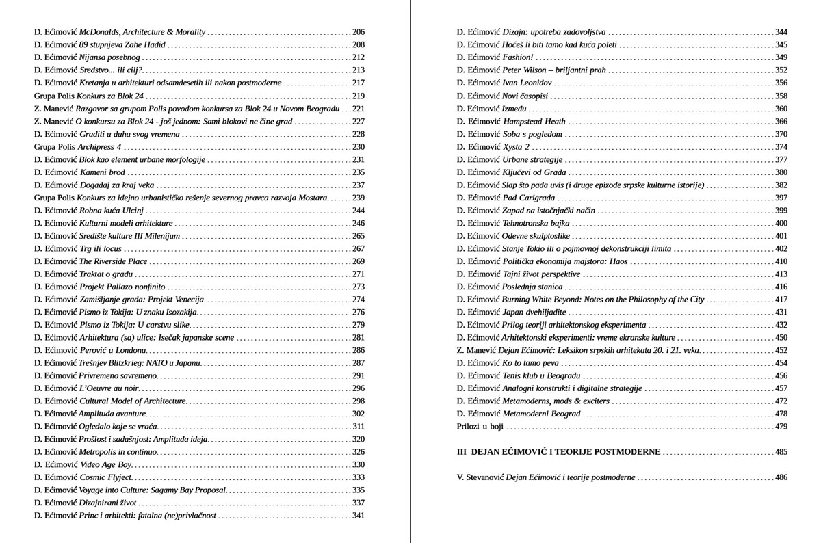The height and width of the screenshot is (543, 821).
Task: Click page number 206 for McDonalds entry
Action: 359,32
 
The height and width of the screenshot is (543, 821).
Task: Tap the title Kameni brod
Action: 102,172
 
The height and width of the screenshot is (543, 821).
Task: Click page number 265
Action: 359,236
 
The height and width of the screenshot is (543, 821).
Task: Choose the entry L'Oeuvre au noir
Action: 101,388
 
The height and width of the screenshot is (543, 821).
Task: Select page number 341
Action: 359,516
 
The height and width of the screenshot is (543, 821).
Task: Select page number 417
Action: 781,300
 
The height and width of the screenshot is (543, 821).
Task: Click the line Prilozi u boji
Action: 480,427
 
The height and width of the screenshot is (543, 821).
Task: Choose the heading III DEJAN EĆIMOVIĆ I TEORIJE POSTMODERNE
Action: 558,452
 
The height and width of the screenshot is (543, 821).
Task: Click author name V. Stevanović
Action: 480,477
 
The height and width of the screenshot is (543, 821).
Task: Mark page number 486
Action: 781,477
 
